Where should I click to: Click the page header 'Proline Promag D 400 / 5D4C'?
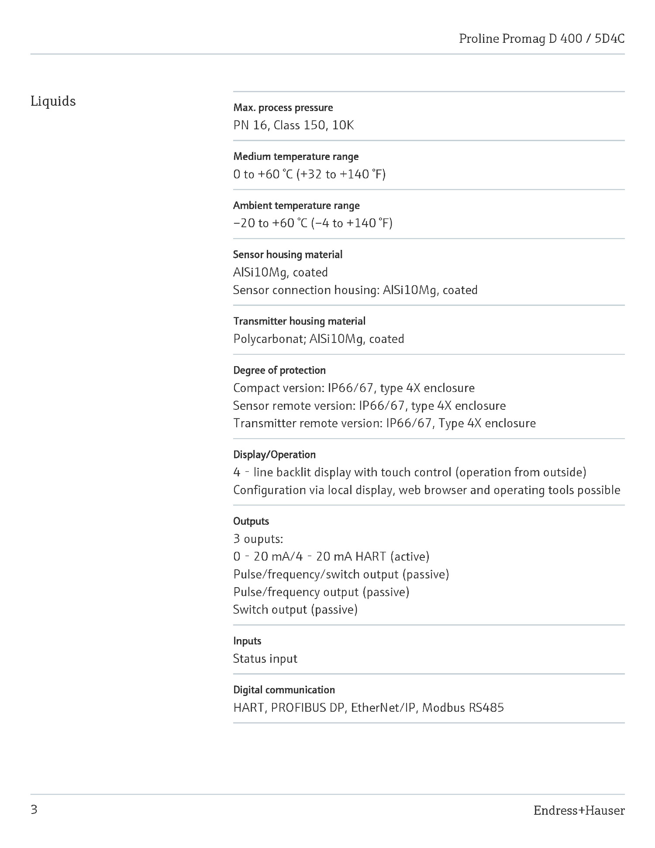(x=541, y=39)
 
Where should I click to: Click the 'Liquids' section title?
(x=53, y=101)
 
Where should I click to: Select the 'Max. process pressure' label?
(x=283, y=107)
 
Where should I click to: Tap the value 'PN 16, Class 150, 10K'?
(x=293, y=125)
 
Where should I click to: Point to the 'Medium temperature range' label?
(x=296, y=156)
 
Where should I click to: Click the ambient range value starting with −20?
(x=313, y=223)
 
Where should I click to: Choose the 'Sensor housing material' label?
(x=288, y=254)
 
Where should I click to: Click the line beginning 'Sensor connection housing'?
(x=355, y=290)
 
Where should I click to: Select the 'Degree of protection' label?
(x=279, y=370)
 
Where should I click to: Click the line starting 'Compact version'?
(x=354, y=388)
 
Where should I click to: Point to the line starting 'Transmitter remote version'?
(x=384, y=423)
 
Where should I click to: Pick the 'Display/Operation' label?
(x=274, y=454)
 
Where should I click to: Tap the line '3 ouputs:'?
(x=258, y=539)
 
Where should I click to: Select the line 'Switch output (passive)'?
(x=295, y=609)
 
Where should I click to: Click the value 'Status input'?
(x=265, y=658)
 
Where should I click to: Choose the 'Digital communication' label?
(x=284, y=690)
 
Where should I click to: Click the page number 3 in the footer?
(x=34, y=810)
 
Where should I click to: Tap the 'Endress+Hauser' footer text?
(x=579, y=811)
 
